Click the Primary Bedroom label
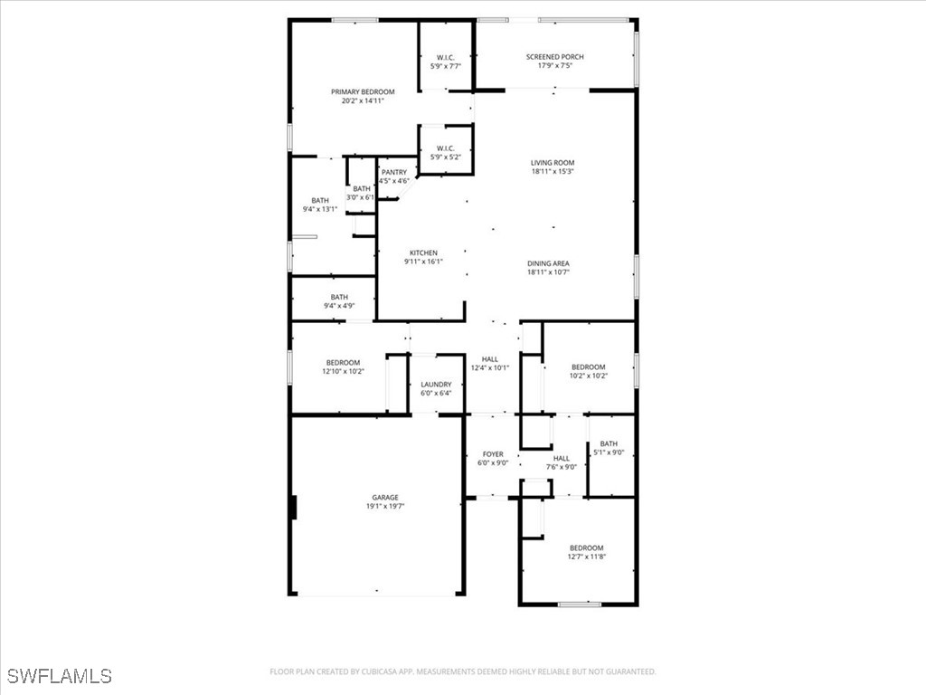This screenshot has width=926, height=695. click(x=363, y=92)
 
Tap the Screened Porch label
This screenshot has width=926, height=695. click(x=555, y=57)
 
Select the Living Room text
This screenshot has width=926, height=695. click(x=553, y=163)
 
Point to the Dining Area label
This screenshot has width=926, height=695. click(x=549, y=263)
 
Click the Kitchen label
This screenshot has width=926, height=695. click(x=423, y=252)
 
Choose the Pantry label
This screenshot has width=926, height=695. click(x=393, y=172)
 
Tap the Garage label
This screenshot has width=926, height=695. click(x=385, y=497)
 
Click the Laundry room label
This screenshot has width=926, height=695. click(x=436, y=385)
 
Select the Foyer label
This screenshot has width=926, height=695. click(x=493, y=454)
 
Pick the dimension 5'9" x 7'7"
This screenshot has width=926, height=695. click(x=446, y=66)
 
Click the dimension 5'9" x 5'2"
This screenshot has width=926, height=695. click(x=446, y=157)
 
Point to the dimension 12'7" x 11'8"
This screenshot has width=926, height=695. click(x=586, y=557)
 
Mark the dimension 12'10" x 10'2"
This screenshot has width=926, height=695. click(x=343, y=371)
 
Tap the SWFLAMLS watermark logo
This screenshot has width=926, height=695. click(x=60, y=676)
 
